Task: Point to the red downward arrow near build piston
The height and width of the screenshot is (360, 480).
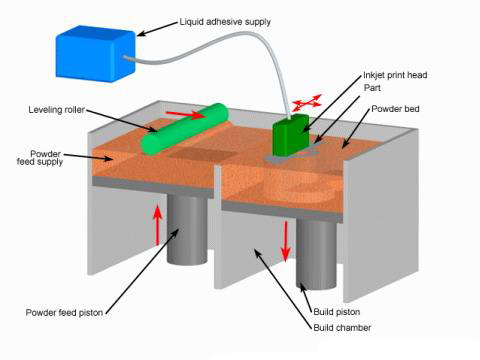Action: point(285,240)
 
